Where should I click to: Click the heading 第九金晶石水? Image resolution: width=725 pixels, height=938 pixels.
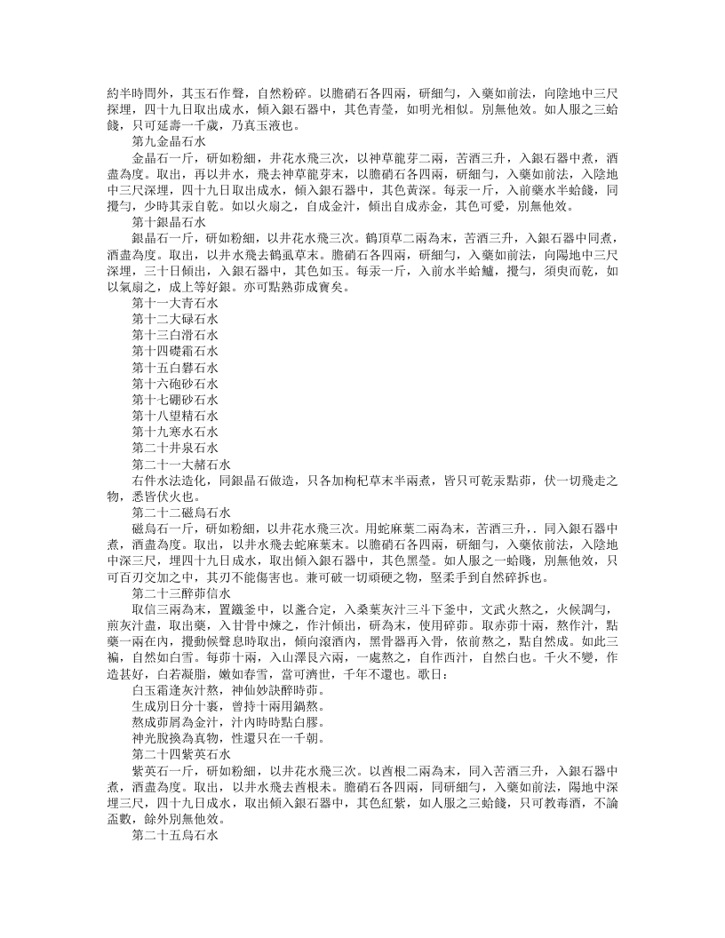169,141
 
